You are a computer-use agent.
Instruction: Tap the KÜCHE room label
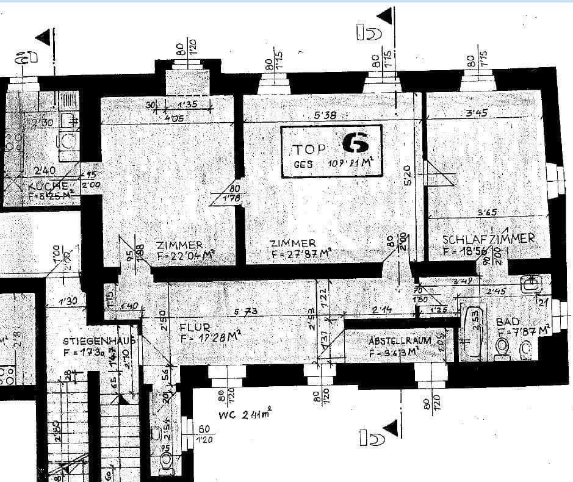[x=48, y=186]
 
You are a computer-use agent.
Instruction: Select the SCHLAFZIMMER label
[x=488, y=239]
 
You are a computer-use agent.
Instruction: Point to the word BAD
[x=508, y=322]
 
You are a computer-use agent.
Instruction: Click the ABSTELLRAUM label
[x=400, y=340]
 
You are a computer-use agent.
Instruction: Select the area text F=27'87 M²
[x=301, y=254]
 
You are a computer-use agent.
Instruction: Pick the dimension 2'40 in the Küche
[x=46, y=171]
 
